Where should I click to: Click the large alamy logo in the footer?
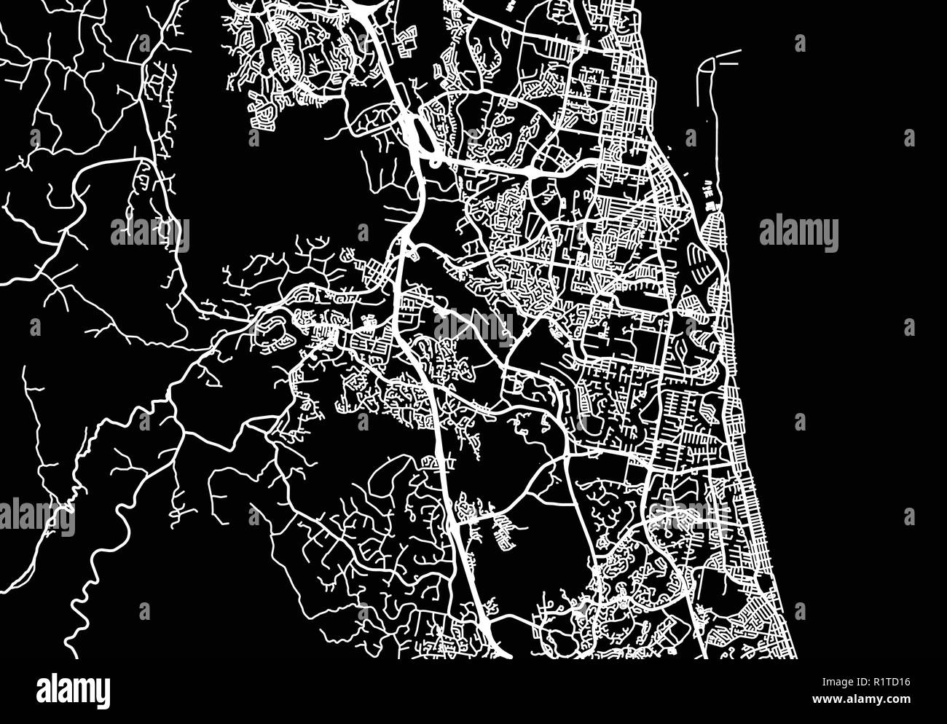coord(74,689)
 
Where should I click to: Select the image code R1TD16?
coord(889,683)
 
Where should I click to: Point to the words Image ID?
coord(838,683)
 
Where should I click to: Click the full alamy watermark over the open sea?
coord(798,234)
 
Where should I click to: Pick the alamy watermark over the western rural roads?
coord(150,234)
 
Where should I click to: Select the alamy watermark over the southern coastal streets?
coord(688,514)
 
